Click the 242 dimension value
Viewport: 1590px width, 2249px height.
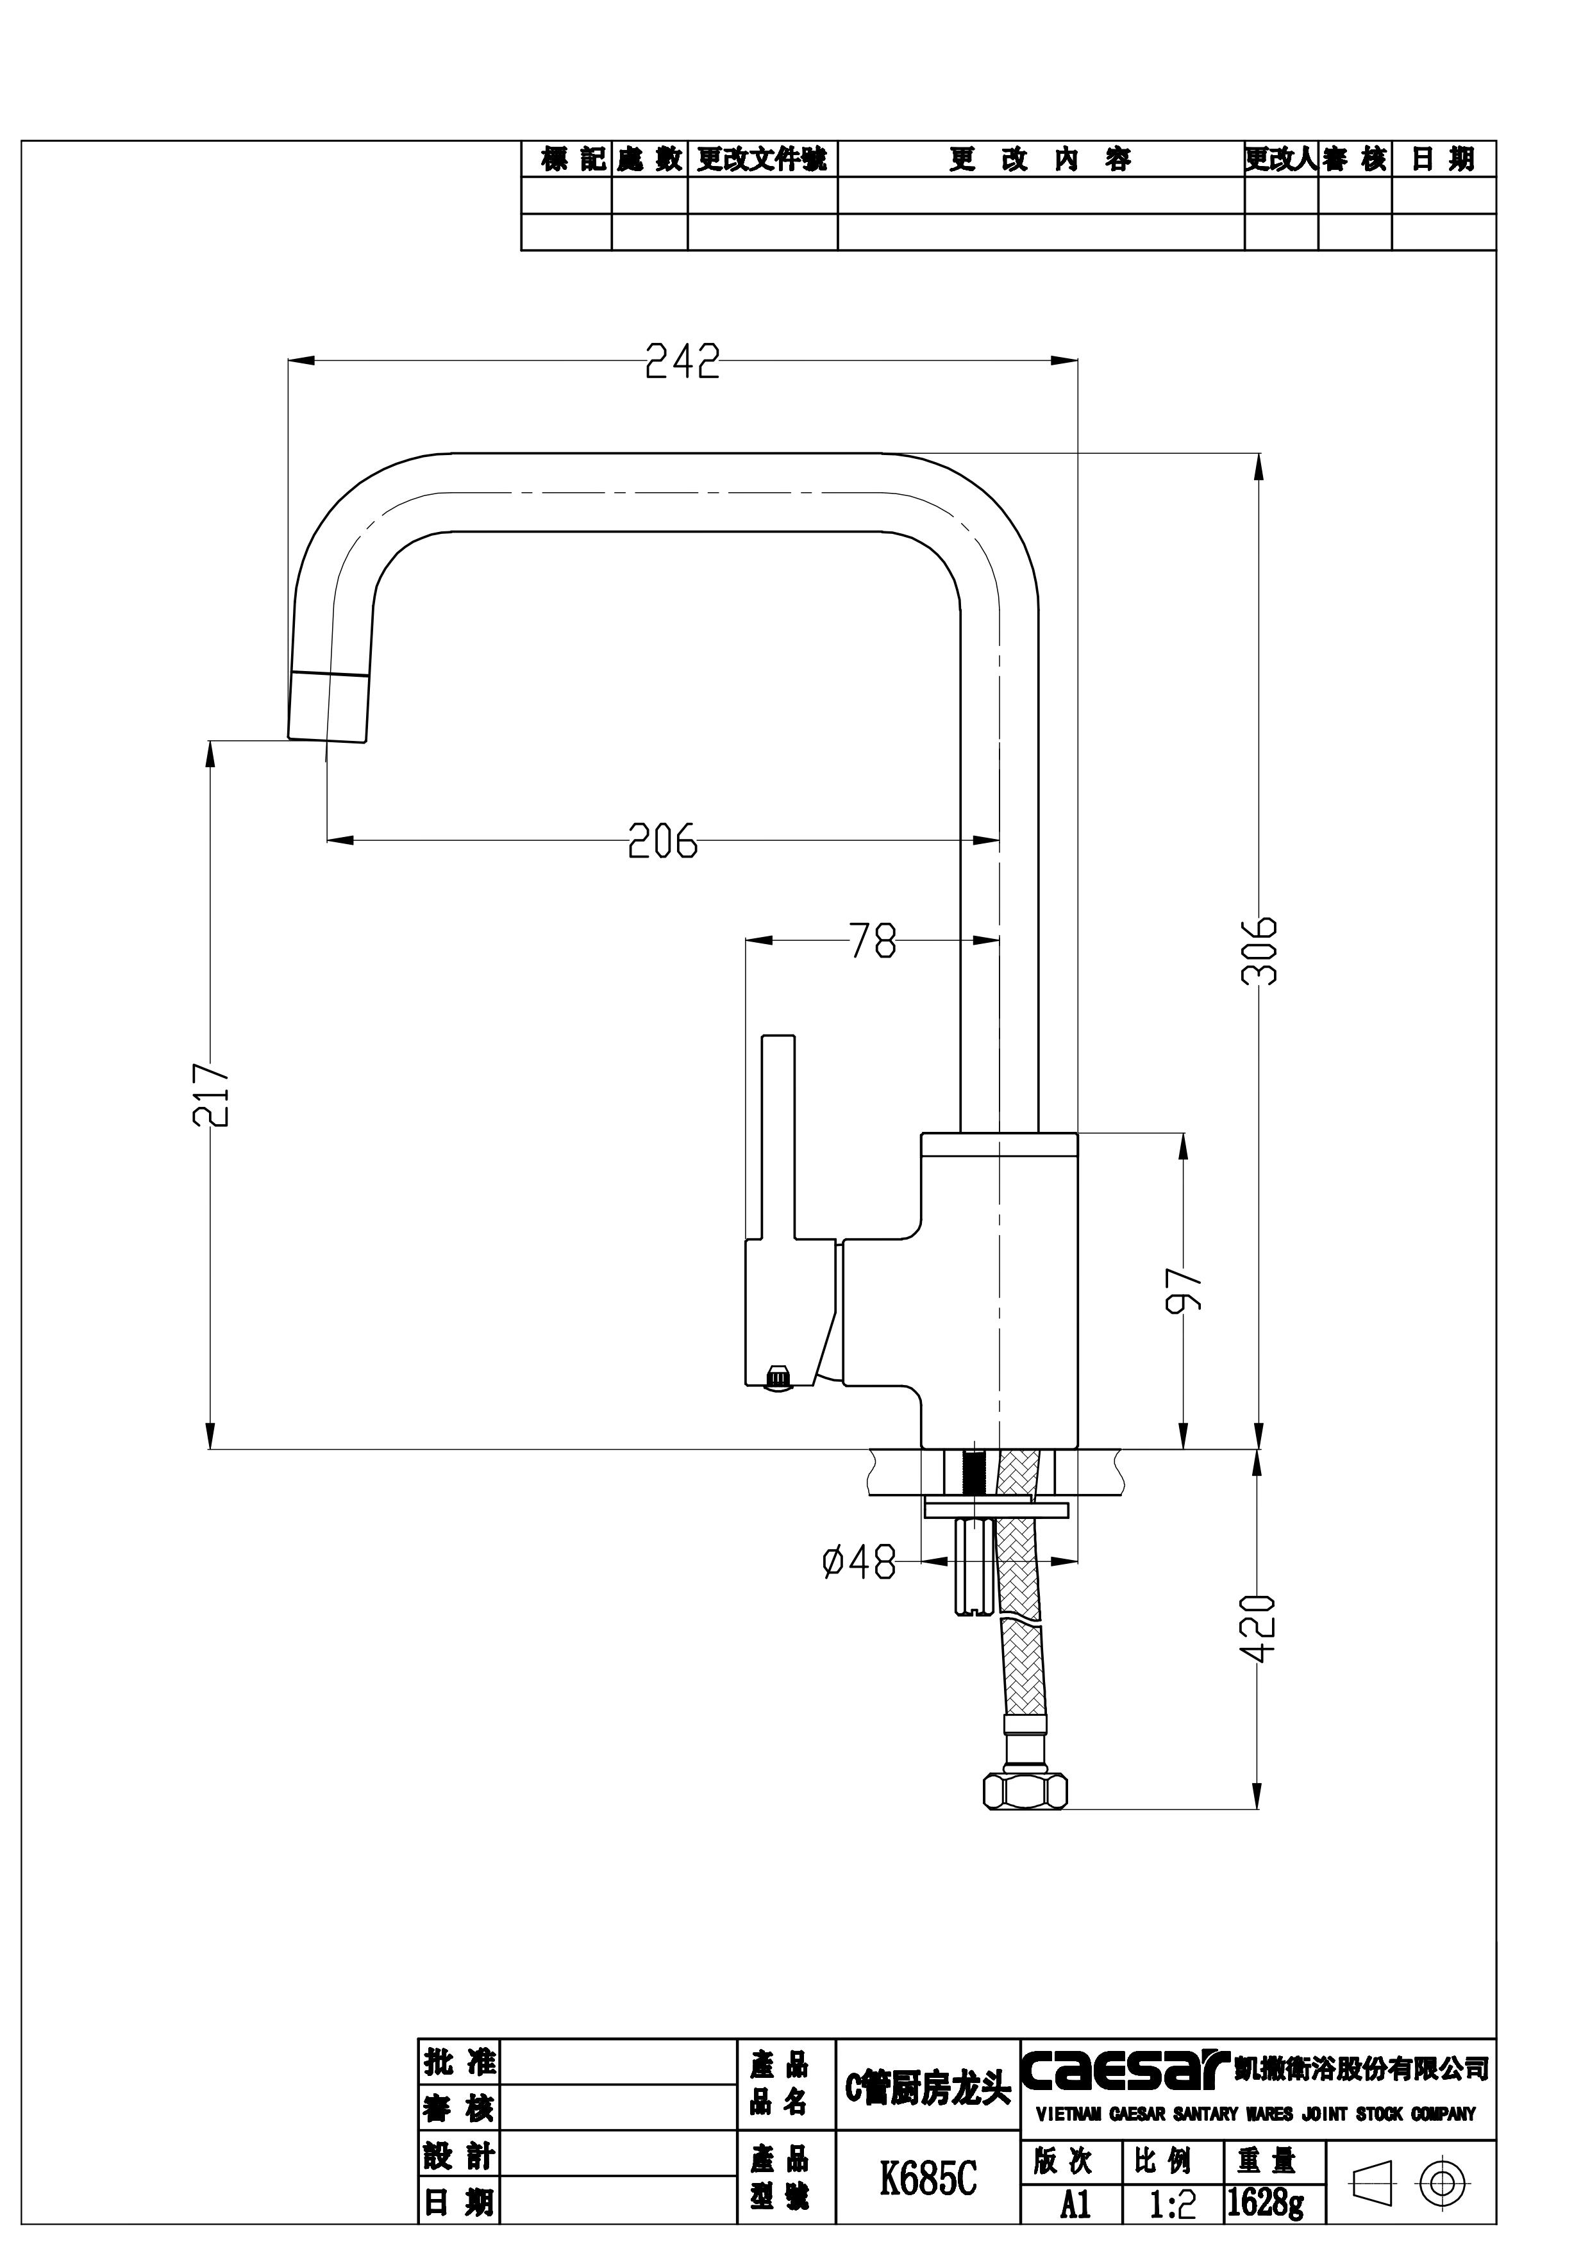click(683, 362)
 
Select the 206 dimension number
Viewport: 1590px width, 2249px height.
click(662, 840)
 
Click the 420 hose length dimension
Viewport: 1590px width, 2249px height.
click(1260, 1629)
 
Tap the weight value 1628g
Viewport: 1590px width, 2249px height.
click(1266, 2202)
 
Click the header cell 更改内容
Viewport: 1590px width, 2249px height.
click(1041, 160)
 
